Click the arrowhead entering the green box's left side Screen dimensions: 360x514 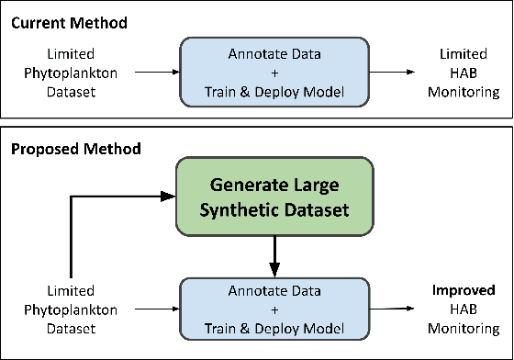tap(168, 196)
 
